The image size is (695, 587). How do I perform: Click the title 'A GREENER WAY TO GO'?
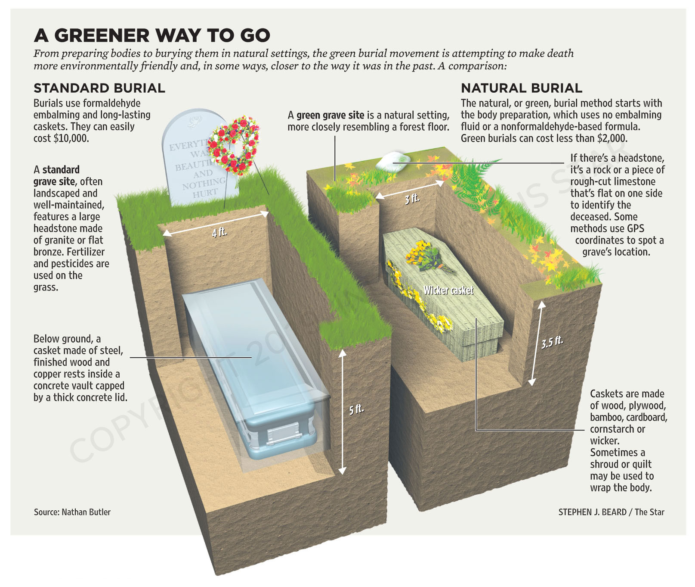(x=152, y=35)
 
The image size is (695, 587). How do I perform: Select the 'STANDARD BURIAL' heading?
(x=99, y=88)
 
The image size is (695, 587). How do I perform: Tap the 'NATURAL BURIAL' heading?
(x=522, y=88)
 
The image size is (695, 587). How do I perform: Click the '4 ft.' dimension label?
(x=219, y=232)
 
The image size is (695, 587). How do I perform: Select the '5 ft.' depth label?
(x=357, y=409)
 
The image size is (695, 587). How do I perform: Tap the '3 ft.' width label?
(x=412, y=198)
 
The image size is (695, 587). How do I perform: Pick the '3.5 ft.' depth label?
(x=552, y=342)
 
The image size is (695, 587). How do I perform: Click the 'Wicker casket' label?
(x=448, y=290)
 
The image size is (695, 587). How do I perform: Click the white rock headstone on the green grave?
(x=392, y=161)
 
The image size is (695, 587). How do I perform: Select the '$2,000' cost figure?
(x=612, y=138)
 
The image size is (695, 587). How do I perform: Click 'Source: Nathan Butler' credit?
(x=72, y=512)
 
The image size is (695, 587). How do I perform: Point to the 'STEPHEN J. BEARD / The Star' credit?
(x=612, y=512)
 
